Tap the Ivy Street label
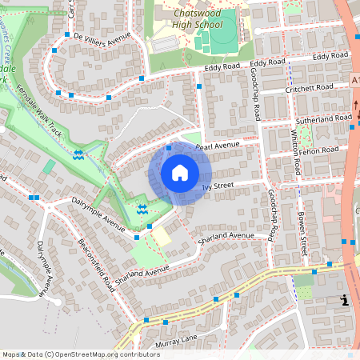pos(217,187)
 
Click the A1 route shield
pos(354,80)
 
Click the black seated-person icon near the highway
pos(344,300)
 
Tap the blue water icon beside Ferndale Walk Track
pos(78,155)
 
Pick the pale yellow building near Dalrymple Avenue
pos(162,236)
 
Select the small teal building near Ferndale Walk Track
pos(50,167)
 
